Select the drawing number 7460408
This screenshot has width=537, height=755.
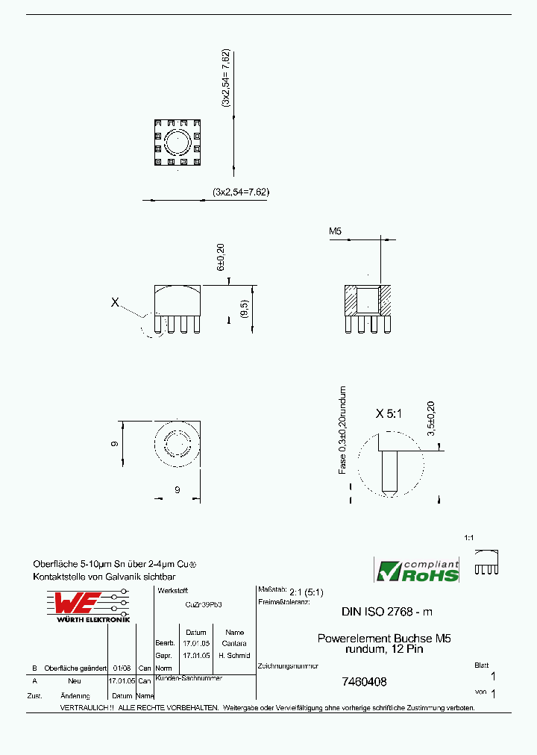point(364,681)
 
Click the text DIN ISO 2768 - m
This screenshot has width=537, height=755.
point(386,612)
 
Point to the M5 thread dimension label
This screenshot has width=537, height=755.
point(335,232)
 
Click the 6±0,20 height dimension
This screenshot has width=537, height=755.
point(221,256)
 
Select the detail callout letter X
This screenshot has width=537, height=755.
point(115,302)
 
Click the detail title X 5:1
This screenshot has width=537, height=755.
point(389,413)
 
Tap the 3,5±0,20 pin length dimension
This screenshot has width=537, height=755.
point(430,419)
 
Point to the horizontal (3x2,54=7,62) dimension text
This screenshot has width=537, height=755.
point(240,192)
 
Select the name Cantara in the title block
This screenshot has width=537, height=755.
point(234,643)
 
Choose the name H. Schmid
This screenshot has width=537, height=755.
point(234,655)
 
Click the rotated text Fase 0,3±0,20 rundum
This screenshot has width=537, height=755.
point(342,430)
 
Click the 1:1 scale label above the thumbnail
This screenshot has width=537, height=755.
point(469,537)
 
